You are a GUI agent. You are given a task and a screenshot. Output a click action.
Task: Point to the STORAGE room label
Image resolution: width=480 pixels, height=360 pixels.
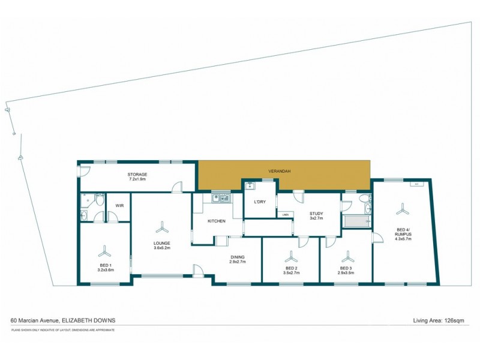click(x=137, y=175)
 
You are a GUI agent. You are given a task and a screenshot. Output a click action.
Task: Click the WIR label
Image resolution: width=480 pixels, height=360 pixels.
click(x=119, y=206)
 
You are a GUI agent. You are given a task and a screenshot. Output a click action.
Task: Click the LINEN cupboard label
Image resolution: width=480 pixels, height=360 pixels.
click(x=285, y=214)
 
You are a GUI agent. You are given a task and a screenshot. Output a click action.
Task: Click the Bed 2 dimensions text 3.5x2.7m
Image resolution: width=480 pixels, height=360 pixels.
click(x=291, y=273)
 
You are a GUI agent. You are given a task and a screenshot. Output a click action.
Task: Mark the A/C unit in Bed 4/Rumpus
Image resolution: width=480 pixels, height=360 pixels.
click(x=416, y=184)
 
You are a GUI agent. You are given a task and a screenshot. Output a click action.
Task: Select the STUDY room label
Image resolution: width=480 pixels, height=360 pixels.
click(x=316, y=213)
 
